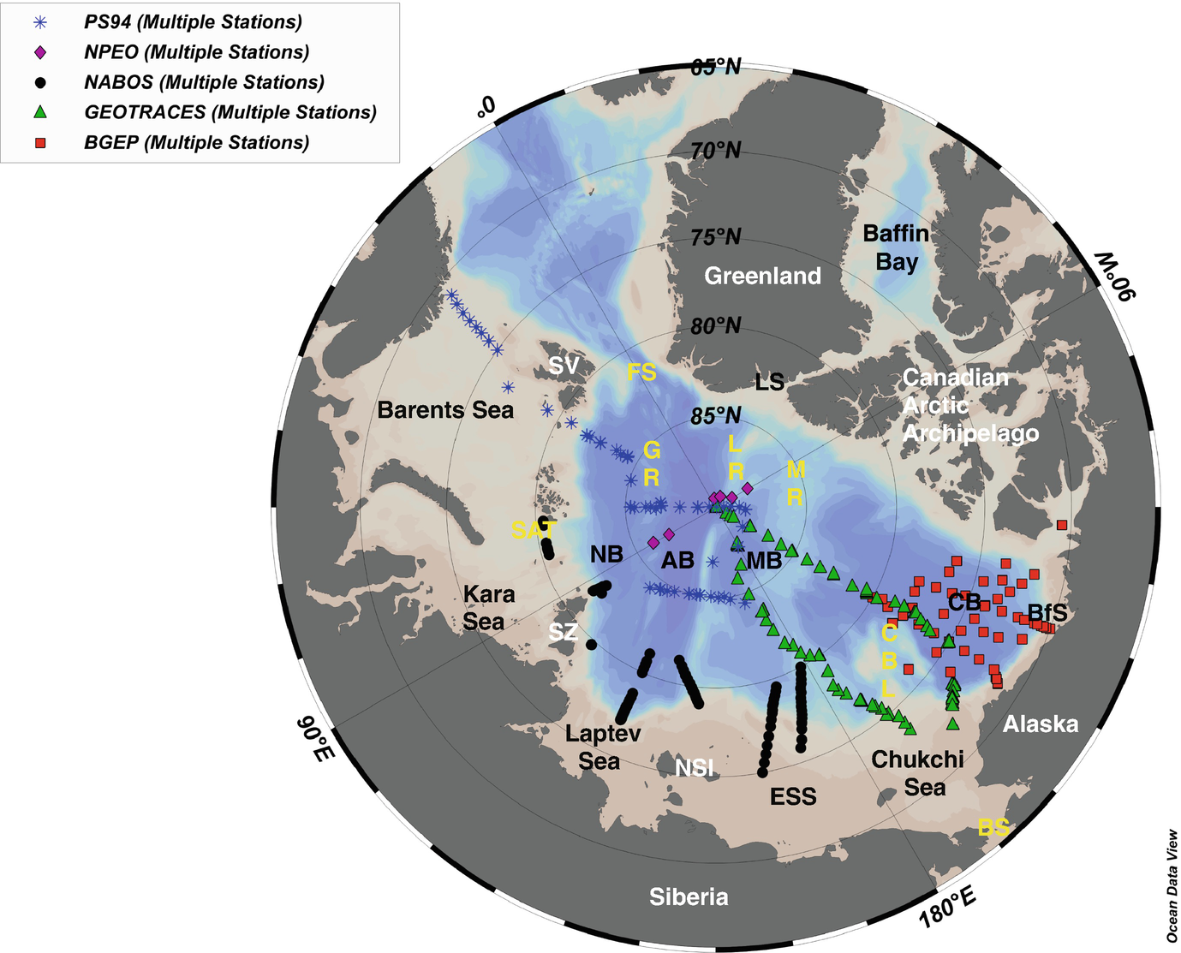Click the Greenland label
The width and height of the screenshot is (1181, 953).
[762, 276]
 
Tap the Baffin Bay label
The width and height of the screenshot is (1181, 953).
[896, 247]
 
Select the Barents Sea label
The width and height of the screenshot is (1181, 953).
[445, 410]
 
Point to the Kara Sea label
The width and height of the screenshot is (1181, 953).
[488, 607]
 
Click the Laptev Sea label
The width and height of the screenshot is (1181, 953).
[602, 747]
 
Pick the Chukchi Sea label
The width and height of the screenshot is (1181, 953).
[917, 773]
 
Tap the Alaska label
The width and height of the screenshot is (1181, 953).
[1041, 724]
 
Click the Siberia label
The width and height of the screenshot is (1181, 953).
[689, 896]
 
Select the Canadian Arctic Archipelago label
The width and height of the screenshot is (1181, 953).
[969, 405]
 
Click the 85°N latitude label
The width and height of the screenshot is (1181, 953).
[716, 416]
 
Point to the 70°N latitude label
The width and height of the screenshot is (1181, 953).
[716, 151]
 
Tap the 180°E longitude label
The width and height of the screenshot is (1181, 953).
[948, 908]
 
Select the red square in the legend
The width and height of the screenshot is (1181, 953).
[40, 143]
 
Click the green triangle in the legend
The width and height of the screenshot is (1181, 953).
[40, 112]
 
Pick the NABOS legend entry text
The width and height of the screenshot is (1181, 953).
[204, 82]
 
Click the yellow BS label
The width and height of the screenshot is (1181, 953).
[993, 828]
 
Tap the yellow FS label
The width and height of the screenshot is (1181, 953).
[641, 372]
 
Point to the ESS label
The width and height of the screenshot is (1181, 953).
[793, 797]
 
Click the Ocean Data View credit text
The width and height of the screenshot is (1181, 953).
[1172, 886]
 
